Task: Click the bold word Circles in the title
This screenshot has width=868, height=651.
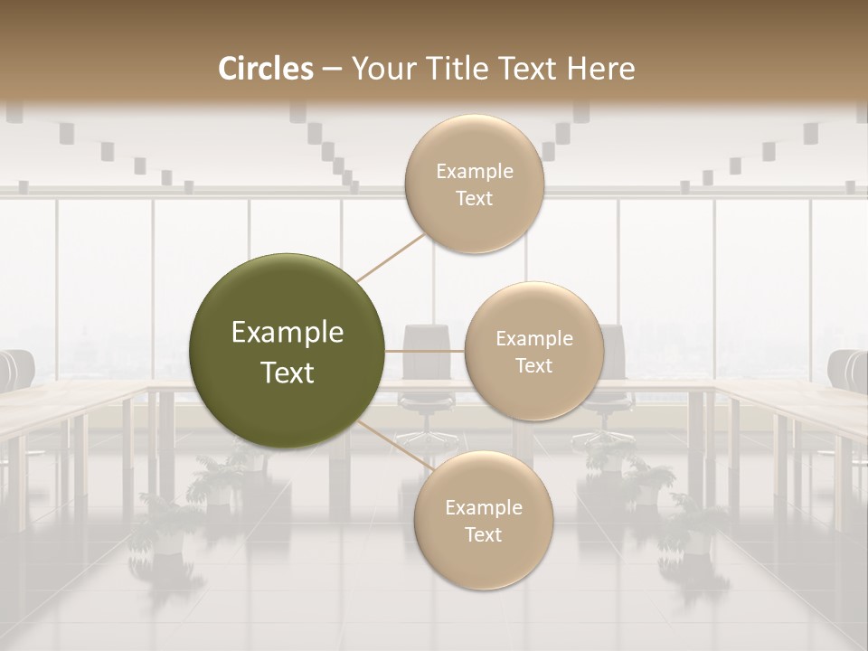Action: [266, 69]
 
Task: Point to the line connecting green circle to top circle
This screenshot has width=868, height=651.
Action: [391, 256]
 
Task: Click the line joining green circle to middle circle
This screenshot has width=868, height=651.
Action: [424, 351]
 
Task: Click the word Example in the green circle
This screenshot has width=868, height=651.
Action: [288, 333]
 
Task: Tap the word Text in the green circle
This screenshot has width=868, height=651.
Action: [288, 373]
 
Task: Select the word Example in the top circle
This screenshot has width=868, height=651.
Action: [474, 171]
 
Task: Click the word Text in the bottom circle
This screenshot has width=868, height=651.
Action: [483, 534]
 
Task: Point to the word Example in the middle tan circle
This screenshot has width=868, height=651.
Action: [533, 338]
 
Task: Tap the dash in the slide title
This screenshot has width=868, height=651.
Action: [332, 69]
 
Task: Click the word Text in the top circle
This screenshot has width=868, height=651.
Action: [474, 198]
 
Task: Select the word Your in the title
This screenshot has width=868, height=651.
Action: [379, 69]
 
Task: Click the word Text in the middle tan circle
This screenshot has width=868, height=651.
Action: [533, 365]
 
